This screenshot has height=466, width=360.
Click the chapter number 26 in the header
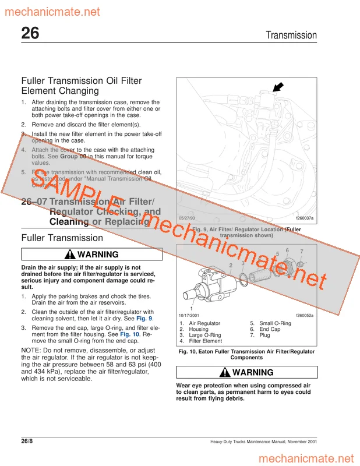click(30, 34)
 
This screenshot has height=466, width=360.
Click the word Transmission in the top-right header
click(291, 35)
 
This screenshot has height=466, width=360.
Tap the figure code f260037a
click(304, 218)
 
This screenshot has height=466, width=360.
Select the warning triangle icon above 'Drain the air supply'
click(70, 255)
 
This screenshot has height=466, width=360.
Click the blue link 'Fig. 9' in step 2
click(144, 319)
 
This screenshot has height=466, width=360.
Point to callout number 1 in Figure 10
click(192, 308)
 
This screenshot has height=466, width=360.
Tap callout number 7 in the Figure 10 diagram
click(301, 251)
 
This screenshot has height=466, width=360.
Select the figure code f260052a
click(304, 315)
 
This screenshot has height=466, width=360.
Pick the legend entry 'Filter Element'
click(204, 341)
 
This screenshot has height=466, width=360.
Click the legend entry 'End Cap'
click(270, 329)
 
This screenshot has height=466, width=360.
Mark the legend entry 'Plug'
click(265, 335)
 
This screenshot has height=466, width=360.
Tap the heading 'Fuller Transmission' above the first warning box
click(62, 238)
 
